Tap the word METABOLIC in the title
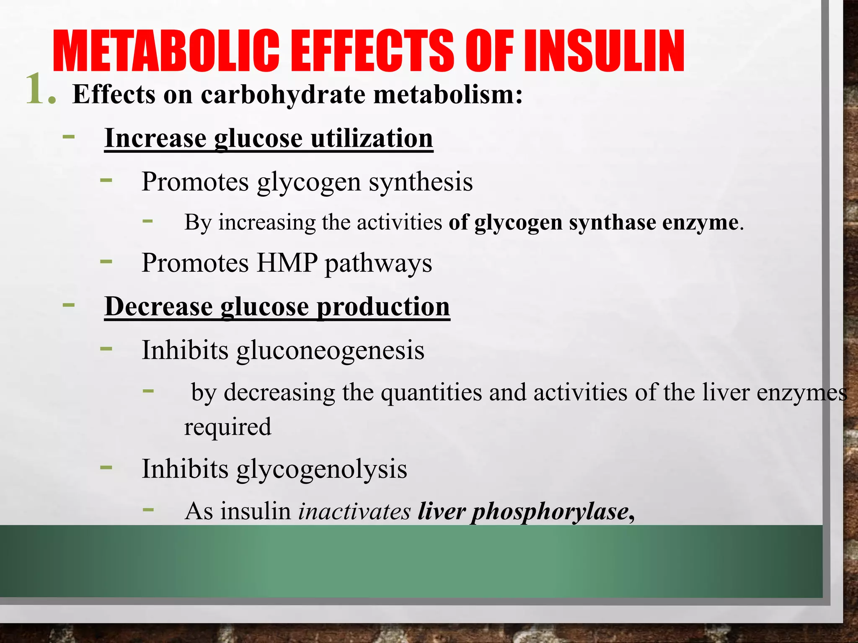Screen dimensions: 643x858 [x=166, y=51]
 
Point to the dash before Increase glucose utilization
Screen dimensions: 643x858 [x=69, y=136]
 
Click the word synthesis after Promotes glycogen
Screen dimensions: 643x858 [x=421, y=182]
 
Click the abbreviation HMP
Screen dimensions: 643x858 [x=287, y=263]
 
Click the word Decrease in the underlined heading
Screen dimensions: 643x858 [x=159, y=307]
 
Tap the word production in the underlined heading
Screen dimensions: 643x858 [x=383, y=307]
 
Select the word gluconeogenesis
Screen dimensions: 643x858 [x=330, y=351]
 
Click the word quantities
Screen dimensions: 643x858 [x=432, y=393]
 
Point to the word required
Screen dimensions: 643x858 [x=228, y=427]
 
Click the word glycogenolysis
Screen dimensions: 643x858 [x=322, y=469]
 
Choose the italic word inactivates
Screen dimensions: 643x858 [x=354, y=512]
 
